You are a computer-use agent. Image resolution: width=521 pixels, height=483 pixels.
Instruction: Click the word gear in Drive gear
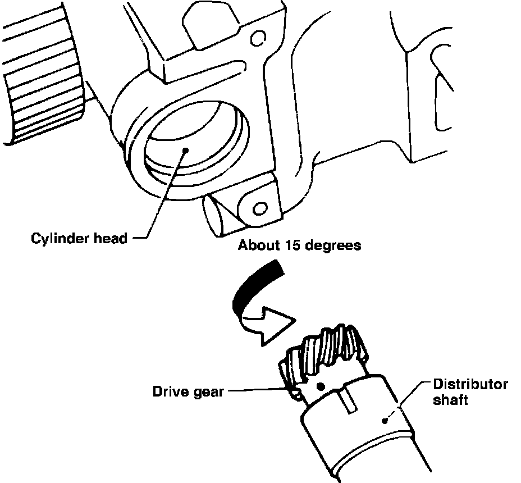pyautogui.click(x=206, y=392)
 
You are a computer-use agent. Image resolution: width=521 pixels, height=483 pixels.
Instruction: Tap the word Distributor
pyautogui.click(x=470, y=385)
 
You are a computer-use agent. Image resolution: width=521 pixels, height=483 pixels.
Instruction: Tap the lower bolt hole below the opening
pyautogui.click(x=259, y=209)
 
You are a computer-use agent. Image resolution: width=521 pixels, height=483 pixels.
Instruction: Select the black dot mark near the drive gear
pyautogui.click(x=321, y=386)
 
